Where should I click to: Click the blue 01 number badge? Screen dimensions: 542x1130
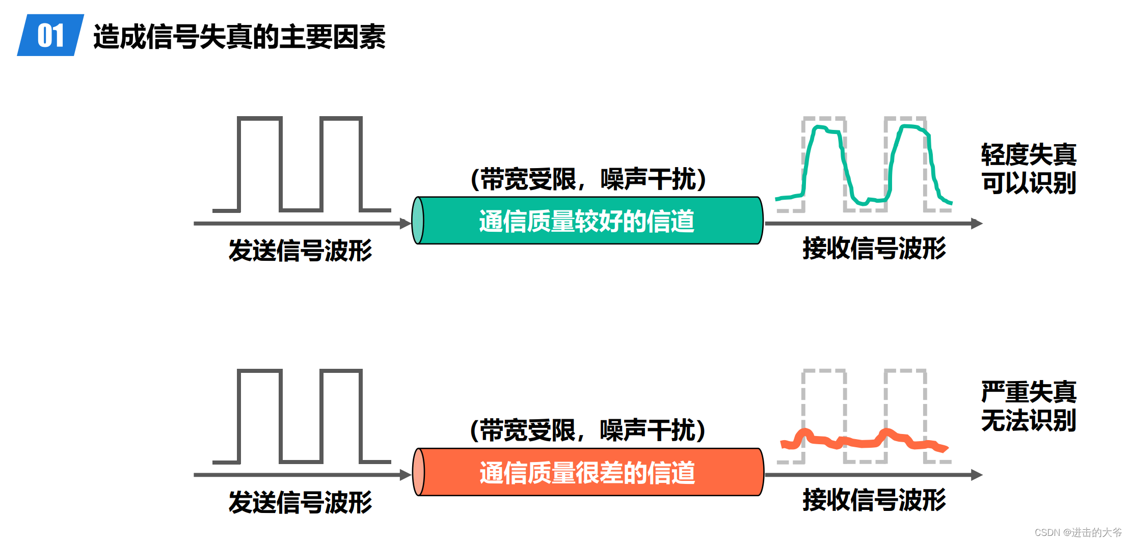50,35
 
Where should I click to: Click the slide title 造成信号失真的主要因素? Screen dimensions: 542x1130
239,37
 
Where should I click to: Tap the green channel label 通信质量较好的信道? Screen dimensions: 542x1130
586,221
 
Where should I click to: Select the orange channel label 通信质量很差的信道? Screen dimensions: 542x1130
587,473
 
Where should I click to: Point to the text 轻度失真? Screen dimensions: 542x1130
1029,154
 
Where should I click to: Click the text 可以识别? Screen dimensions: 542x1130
1029,183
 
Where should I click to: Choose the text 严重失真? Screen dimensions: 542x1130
1029,392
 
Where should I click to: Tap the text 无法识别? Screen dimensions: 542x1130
1029,421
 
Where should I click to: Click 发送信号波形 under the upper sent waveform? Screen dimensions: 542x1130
300,251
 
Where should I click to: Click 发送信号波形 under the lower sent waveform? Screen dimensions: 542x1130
300,502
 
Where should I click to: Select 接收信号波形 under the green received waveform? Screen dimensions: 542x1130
874,249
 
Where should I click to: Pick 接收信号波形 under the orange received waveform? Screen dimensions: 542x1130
874,500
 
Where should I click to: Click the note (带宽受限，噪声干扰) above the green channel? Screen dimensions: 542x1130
588,179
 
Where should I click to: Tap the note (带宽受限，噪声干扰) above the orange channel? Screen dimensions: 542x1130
588,430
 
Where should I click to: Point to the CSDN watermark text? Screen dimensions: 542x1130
1078,532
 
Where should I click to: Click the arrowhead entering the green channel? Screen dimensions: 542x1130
406,223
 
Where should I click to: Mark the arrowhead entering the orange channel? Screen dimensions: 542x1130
406,475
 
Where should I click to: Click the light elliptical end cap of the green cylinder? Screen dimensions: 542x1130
418,221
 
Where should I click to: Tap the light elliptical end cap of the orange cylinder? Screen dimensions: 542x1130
418,472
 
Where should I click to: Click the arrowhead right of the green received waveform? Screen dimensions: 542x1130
977,223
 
